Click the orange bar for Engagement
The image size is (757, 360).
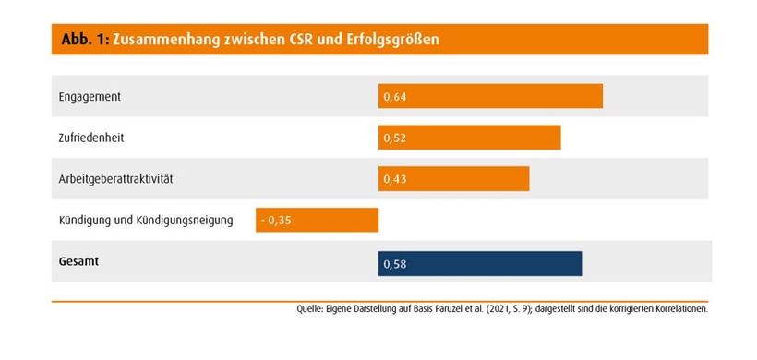(490, 96)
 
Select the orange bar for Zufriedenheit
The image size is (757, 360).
(469, 138)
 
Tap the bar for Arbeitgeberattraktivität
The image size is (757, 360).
(453, 179)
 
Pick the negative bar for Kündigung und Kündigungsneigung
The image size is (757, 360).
(317, 220)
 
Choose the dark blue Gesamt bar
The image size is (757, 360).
(480, 263)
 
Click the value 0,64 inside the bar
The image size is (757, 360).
(395, 96)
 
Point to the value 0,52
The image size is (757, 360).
(395, 138)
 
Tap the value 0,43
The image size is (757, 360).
(395, 179)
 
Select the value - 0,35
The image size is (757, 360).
(276, 221)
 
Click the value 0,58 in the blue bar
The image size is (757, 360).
(395, 264)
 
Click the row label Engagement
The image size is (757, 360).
(90, 96)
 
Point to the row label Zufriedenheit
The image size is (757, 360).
(91, 138)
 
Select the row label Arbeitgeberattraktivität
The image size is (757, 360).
(116, 178)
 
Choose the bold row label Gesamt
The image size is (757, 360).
(78, 261)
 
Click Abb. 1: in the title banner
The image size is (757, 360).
(84, 41)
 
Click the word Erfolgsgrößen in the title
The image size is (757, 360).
(403, 41)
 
